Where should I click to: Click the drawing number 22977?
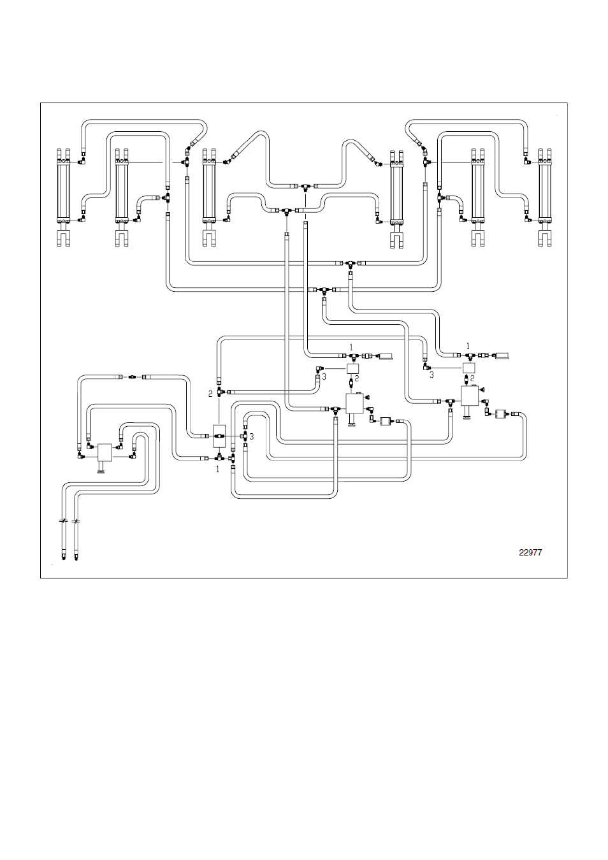530,552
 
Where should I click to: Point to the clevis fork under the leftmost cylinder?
64,238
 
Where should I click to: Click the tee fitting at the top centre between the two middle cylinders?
305,187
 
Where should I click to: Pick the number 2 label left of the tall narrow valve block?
210,394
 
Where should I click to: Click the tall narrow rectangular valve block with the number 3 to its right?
219,436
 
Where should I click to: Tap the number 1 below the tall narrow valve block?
218,469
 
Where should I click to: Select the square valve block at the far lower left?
105,453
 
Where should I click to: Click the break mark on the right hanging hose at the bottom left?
76,521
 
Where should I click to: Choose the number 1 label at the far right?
468,346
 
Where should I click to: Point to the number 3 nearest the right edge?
431,375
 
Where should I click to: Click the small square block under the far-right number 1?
469,368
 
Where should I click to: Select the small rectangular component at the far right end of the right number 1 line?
501,355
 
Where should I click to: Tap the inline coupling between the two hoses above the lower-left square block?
131,377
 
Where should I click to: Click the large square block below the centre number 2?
354,403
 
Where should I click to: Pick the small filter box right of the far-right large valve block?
500,414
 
